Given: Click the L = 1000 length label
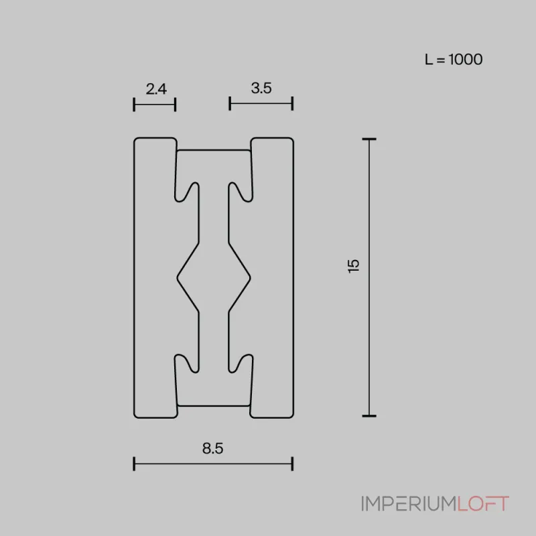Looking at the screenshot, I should (454, 59).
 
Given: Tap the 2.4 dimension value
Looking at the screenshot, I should (155, 88).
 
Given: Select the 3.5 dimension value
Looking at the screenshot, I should (261, 88).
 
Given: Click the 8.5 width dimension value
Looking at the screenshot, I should (212, 449).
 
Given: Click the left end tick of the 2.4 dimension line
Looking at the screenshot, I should (135, 104).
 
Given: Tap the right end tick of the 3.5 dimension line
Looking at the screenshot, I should (293, 103).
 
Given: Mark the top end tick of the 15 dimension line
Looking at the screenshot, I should (368, 139).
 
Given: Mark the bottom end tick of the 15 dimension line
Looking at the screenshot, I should (368, 415).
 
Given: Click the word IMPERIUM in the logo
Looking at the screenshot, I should (409, 504).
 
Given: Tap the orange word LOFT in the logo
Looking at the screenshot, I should (483, 504).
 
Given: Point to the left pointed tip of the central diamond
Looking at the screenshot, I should (178, 275).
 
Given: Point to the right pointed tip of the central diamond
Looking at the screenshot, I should (250, 275).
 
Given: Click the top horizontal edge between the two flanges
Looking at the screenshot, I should (214, 150).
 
